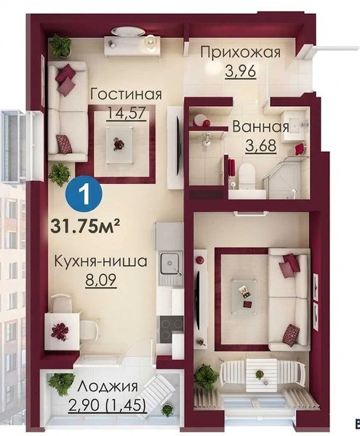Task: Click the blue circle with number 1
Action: pos(84,194)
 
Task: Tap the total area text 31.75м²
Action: pos(85,226)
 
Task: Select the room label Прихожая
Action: pos(241,52)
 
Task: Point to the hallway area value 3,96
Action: pos(240,71)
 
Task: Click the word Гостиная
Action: pos(126,94)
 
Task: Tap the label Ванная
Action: pos(260,126)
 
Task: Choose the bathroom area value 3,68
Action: pos(260,145)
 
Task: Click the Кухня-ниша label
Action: pos(100,262)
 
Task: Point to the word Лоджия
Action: pos(108,386)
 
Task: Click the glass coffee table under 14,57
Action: pos(119,142)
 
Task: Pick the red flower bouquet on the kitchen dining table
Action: pos(60,331)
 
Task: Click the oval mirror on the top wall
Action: pos(128,31)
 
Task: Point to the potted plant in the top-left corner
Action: pos(60,45)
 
